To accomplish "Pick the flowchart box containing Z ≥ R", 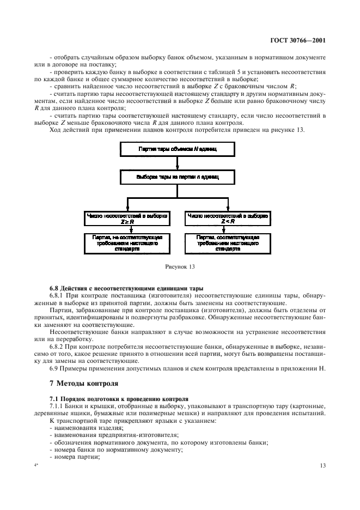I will [127, 218].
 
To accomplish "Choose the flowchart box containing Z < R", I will [227, 218].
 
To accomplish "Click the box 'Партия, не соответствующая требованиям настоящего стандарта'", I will [127, 242].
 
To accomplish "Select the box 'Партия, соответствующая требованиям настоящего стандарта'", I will [227, 242].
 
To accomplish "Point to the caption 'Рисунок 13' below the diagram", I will [180, 267].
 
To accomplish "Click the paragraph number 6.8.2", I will [58, 349].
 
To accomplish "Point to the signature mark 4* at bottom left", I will [36, 465].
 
